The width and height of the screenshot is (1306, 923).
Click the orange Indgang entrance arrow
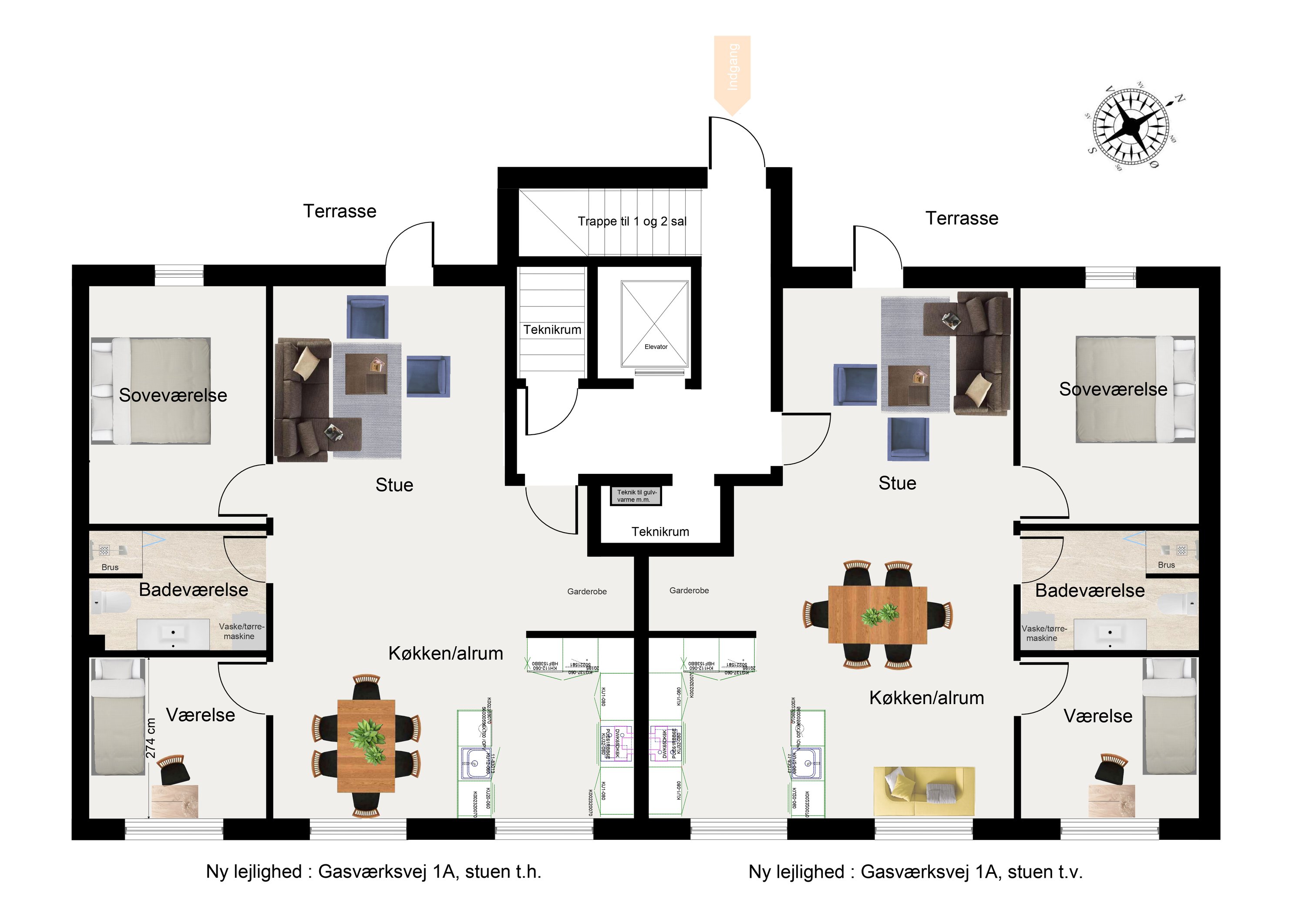pyautogui.click(x=732, y=71)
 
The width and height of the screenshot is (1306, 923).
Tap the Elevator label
pyautogui.click(x=656, y=347)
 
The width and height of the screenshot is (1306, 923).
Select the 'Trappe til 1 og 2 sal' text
pyautogui.click(x=632, y=221)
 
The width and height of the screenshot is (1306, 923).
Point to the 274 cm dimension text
pyautogui.click(x=151, y=738)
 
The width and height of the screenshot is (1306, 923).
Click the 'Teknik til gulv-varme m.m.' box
pyautogui.click(x=636, y=496)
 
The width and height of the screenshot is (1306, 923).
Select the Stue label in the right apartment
pyautogui.click(x=897, y=483)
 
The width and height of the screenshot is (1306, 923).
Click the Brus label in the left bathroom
pyautogui.click(x=110, y=567)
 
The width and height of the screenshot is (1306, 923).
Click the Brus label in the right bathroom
pyautogui.click(x=1166, y=565)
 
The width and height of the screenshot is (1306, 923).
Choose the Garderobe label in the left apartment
pyautogui.click(x=586, y=591)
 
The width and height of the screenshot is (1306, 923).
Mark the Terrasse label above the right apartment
pyautogui.click(x=961, y=218)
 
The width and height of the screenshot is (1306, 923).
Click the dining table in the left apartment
pyautogui.click(x=366, y=745)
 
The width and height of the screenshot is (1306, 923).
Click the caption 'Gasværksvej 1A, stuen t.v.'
pyautogui.click(x=915, y=872)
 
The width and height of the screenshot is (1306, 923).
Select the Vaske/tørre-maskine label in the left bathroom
pyautogui.click(x=241, y=631)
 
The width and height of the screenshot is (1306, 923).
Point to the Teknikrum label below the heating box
pyautogui.click(x=660, y=532)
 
